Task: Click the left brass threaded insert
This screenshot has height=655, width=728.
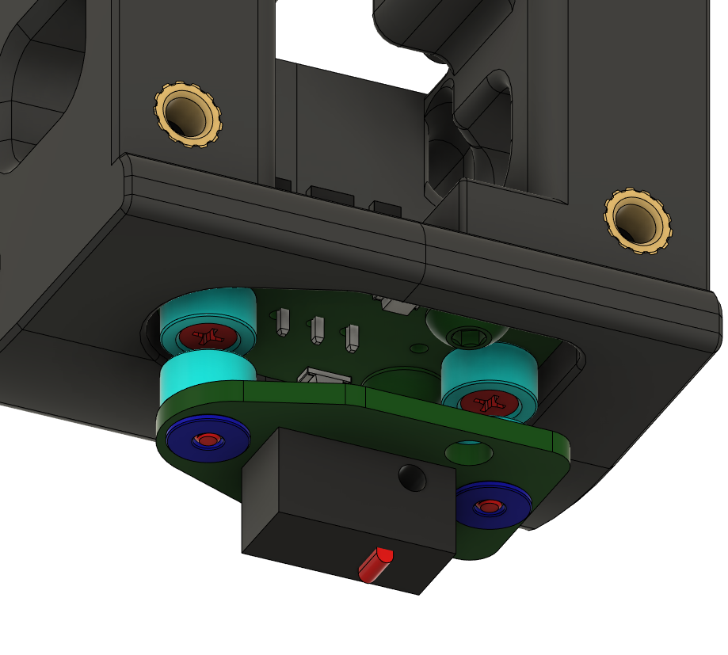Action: [x=187, y=114]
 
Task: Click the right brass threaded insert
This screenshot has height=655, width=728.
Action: [x=637, y=221]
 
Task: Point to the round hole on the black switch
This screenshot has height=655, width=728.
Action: [x=412, y=478]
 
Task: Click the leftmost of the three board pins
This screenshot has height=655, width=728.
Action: [x=283, y=322]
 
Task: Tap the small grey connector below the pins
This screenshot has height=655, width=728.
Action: [x=326, y=376]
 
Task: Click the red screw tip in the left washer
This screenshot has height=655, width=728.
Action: [x=208, y=439]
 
